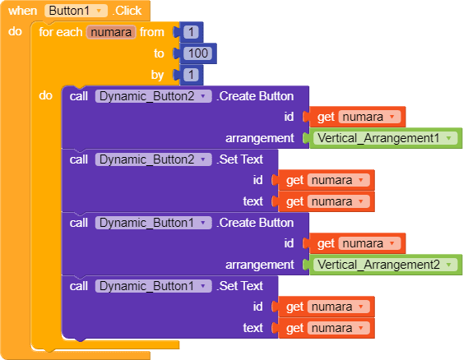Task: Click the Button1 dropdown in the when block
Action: [76, 11]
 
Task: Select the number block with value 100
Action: [198, 53]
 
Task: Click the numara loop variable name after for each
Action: [111, 32]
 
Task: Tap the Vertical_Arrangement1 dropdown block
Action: [386, 138]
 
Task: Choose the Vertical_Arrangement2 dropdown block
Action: [386, 265]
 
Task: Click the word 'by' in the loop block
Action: [157, 76]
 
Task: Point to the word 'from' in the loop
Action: [152, 32]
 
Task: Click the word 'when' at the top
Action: [22, 11]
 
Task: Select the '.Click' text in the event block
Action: [127, 11]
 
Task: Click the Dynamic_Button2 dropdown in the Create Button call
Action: [153, 96]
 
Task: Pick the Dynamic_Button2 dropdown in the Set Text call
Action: [153, 159]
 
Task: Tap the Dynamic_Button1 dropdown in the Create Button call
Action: [153, 223]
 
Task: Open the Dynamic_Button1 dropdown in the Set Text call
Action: [153, 286]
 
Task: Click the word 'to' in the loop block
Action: [159, 53]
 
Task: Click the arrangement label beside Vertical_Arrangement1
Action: [260, 138]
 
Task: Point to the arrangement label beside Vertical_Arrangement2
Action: [260, 265]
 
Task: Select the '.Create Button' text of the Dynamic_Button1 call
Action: [255, 223]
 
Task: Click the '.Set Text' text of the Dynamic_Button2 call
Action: [240, 159]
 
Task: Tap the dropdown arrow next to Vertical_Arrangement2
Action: [449, 265]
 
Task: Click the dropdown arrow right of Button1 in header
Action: [99, 12]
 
